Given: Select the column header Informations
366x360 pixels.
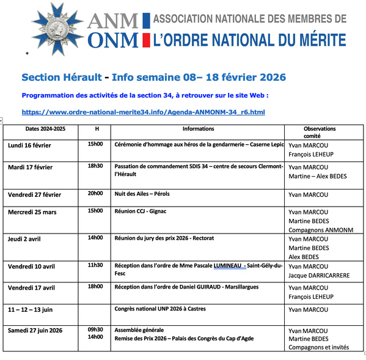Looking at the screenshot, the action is point(198,129).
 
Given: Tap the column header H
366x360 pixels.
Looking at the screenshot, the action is point(97,129).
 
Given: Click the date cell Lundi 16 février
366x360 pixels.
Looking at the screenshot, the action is point(29,145).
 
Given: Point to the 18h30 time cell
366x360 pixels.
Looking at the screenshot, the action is point(95,166).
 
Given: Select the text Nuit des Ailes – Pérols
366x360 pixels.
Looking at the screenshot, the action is point(142,194).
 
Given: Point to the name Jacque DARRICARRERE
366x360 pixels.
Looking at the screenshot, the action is point(319,276).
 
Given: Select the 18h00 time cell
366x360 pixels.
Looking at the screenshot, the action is point(95,286).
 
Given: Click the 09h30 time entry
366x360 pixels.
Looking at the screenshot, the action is point(95,329).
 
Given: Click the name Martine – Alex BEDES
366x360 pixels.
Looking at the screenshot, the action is point(317,176).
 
